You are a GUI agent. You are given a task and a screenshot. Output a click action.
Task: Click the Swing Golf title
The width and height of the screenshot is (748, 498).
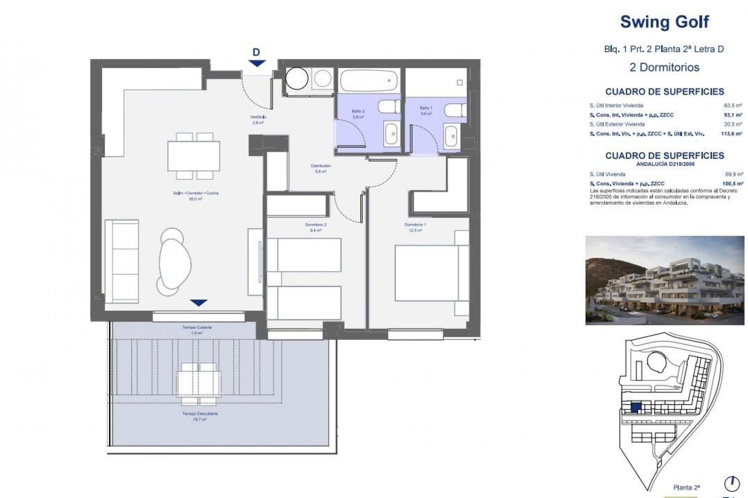[664, 22]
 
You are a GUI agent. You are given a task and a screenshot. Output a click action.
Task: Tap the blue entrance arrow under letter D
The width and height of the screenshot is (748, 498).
[256, 63]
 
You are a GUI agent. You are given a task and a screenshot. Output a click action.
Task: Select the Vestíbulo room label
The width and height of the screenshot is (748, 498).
[258, 119]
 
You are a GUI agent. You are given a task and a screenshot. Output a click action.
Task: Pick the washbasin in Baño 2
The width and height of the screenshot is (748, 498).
[392, 134]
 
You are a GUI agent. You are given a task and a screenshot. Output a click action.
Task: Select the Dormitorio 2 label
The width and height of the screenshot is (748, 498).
[316, 227]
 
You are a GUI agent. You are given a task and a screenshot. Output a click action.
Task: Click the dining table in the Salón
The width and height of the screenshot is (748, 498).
[194, 156]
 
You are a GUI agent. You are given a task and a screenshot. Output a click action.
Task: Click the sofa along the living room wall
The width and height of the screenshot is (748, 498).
[122, 261]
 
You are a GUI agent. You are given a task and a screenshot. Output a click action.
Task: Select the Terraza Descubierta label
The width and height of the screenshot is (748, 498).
[200, 416]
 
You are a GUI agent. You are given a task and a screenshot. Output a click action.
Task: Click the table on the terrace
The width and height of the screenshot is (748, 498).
[199, 383]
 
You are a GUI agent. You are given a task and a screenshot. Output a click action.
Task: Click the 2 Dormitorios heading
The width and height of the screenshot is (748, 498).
[664, 67]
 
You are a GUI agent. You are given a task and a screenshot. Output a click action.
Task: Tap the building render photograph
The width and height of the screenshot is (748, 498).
[664, 280]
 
